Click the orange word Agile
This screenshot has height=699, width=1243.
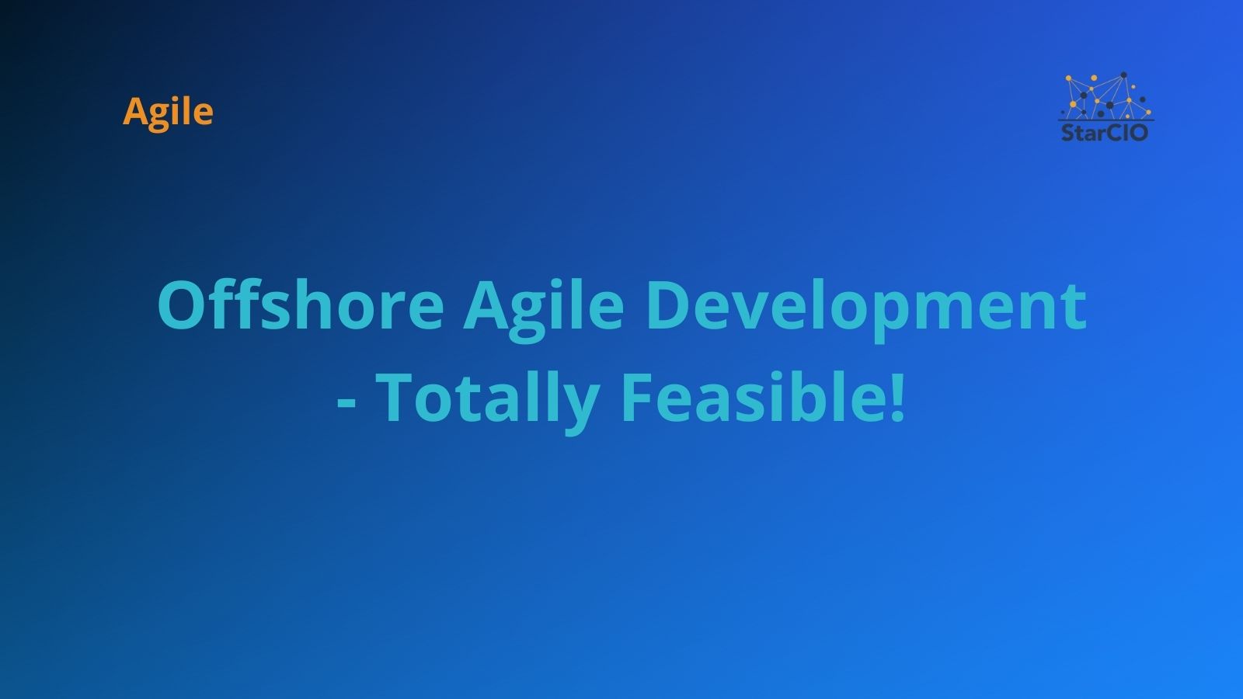pyautogui.click(x=168, y=112)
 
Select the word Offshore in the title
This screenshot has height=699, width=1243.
pyautogui.click(x=301, y=304)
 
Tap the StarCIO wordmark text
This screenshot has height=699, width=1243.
pyautogui.click(x=1104, y=132)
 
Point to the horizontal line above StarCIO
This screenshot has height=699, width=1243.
pyautogui.click(x=1106, y=120)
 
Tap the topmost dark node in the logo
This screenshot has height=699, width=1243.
pyautogui.click(x=1123, y=75)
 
